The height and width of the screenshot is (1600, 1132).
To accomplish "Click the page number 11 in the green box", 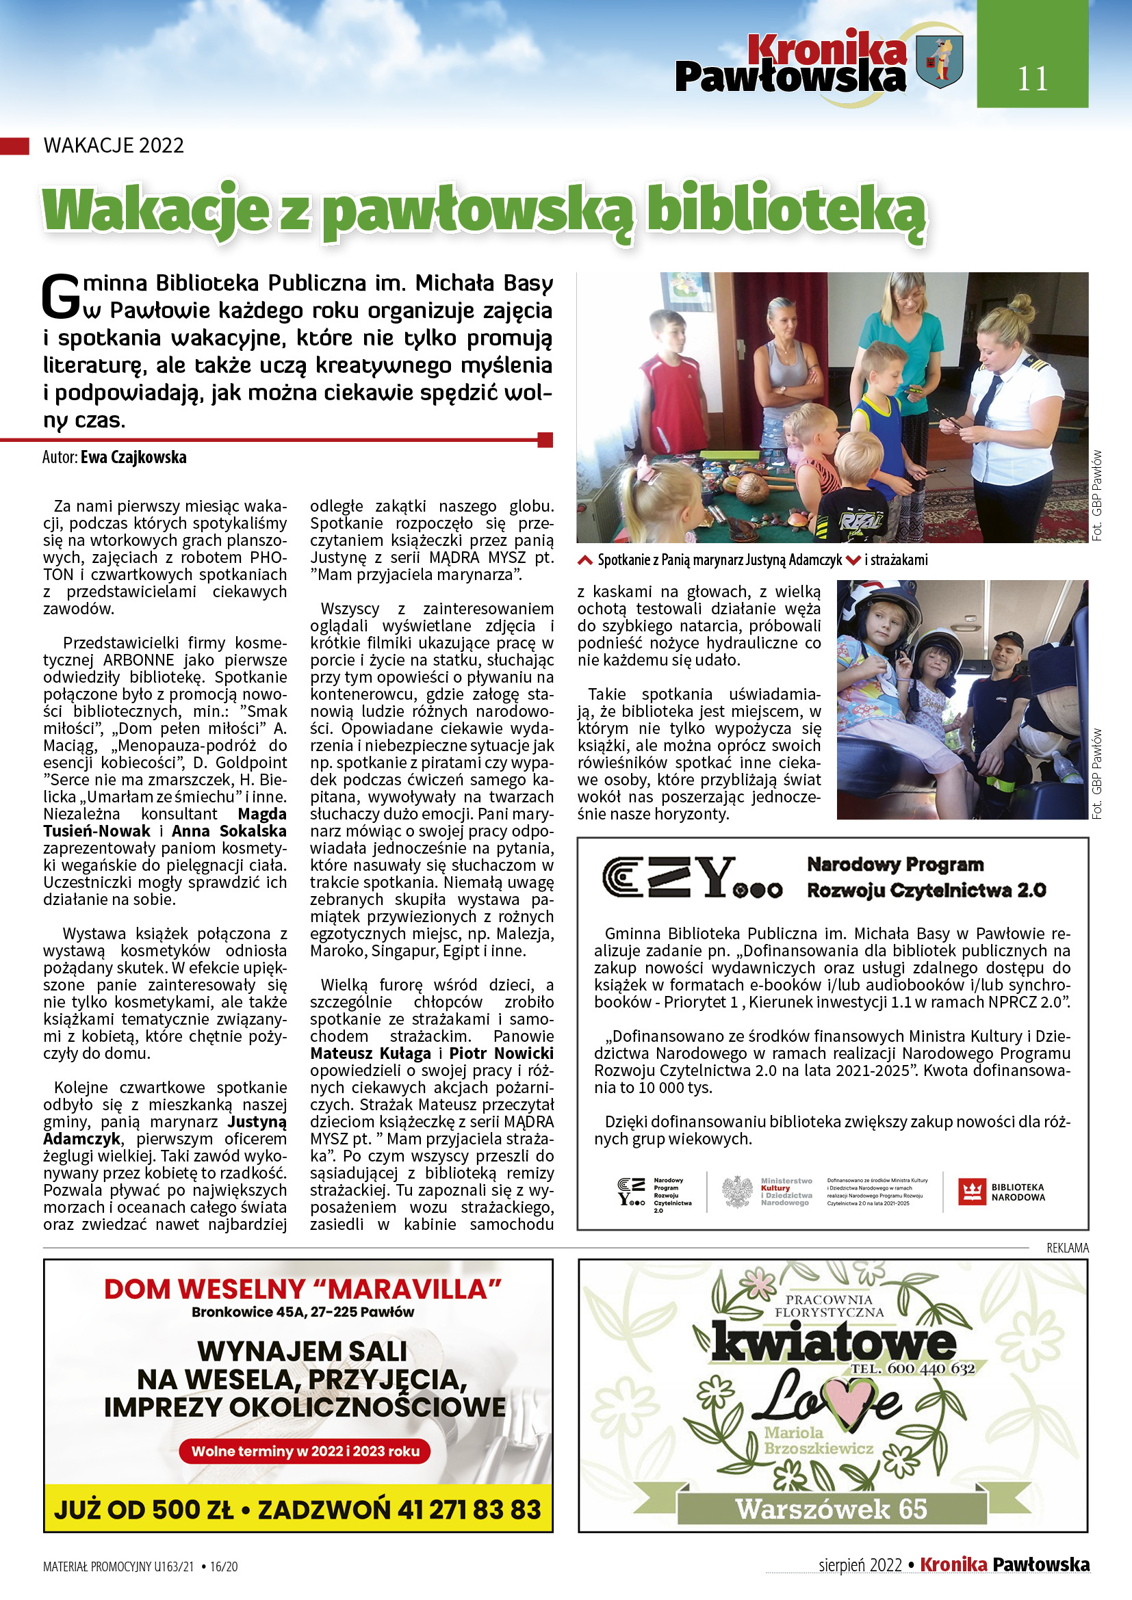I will (1031, 79).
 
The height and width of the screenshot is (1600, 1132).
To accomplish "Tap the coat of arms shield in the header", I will (940, 63).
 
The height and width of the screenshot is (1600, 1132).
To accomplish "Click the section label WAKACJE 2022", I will (114, 146).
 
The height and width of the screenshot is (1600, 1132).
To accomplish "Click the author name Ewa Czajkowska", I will (133, 457).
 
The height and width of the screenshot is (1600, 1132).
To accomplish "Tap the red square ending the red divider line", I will (545, 440).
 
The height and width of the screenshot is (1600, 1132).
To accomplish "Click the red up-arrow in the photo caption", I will (586, 560).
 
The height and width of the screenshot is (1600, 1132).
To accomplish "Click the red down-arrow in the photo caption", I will (853, 560).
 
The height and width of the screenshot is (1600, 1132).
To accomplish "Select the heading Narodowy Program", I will (895, 865).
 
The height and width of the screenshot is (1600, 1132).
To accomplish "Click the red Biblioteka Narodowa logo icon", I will (971, 1192).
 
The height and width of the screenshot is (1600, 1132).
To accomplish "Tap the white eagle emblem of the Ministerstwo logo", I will (736, 1192).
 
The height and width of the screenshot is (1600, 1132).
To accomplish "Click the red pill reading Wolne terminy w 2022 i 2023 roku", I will (305, 1452).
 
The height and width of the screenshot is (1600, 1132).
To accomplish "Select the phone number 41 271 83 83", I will (469, 1510).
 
